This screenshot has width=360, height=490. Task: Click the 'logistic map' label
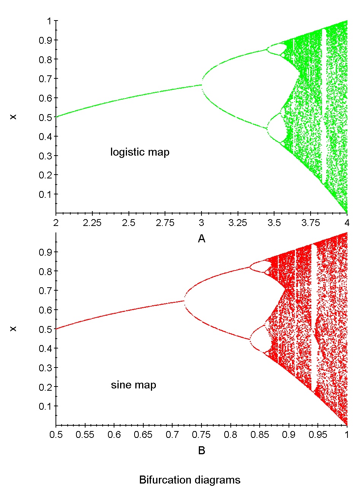tap(140, 153)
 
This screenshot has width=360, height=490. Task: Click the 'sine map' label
tap(133, 385)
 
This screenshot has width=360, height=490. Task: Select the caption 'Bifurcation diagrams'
tap(190, 480)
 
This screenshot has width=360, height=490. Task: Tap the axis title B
tap(201, 451)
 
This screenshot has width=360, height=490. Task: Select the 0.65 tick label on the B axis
tap(143, 434)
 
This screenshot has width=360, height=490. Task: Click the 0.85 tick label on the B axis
tap(260, 434)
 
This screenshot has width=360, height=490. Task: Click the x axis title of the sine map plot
tap(201, 451)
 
